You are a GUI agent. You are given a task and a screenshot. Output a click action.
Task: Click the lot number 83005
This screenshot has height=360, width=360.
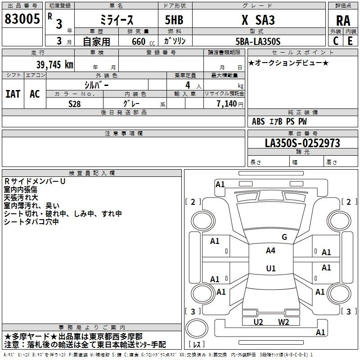click(x=22, y=19)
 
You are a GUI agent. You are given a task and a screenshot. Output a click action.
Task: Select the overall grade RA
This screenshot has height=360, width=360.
click(x=343, y=21)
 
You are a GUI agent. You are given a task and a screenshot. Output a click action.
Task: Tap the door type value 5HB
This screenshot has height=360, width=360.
click(x=174, y=20)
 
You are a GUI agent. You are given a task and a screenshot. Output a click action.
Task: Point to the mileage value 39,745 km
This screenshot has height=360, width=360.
click(x=54, y=65)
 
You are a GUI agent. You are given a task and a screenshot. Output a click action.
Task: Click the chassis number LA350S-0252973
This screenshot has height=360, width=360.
click(x=302, y=143)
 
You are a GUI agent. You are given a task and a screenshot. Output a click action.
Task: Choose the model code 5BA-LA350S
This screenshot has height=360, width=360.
click(x=258, y=41)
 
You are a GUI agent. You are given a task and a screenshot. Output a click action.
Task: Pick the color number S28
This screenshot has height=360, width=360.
click(x=74, y=104)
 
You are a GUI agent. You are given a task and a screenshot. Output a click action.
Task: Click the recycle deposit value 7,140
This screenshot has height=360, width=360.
click(x=227, y=104)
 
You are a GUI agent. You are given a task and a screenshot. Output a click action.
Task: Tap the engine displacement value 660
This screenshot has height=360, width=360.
click(x=139, y=41)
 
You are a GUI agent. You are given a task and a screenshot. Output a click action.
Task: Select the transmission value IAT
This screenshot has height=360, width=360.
click(x=13, y=94)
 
